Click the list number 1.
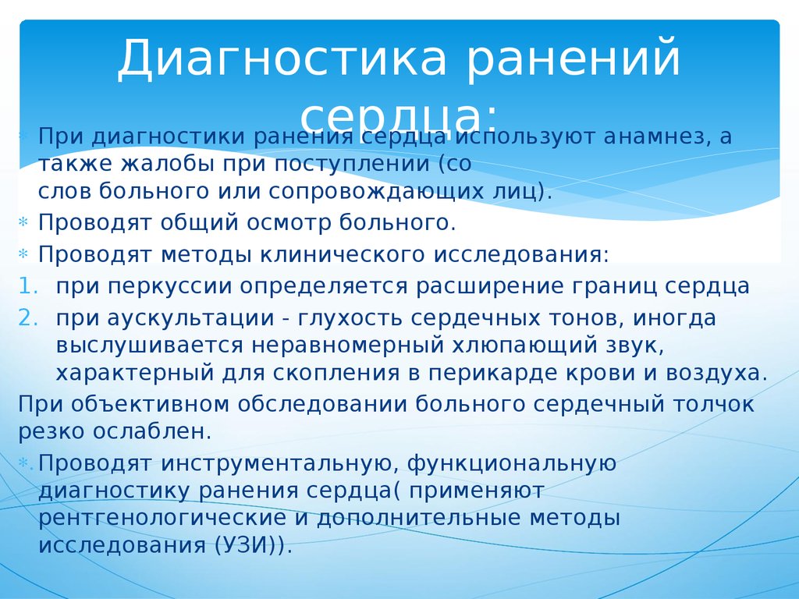(x=27, y=286)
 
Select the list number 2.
(x=27, y=318)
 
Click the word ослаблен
(x=157, y=431)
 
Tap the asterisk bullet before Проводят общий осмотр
(x=23, y=224)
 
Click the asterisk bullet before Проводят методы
(x=23, y=255)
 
